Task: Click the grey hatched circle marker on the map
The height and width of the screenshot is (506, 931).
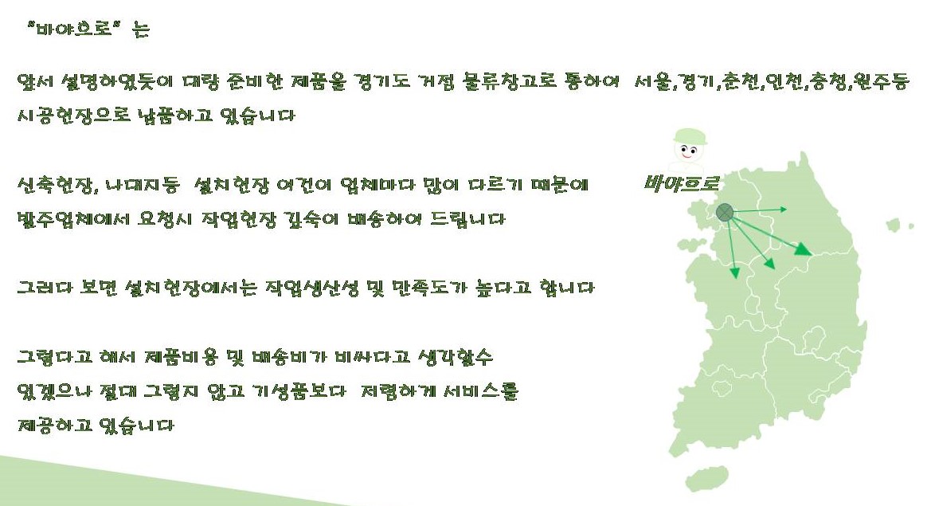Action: coord(724,212)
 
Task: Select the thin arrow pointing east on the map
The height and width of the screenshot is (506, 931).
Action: coord(761,210)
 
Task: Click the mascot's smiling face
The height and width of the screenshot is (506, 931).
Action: coord(690,150)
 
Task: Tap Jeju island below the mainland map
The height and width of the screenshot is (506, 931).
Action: coord(706,479)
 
